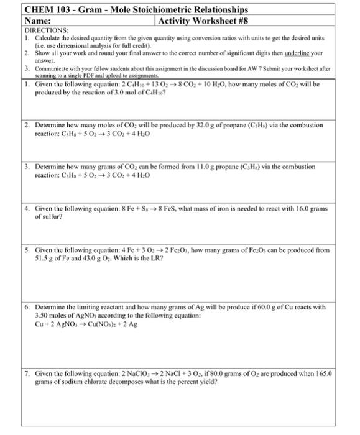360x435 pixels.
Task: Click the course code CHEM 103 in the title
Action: click(x=47, y=9)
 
